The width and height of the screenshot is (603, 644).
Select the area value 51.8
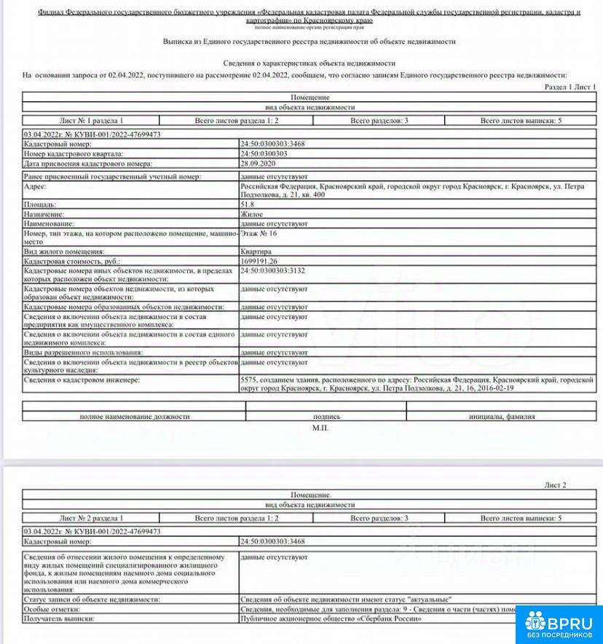tap(248, 205)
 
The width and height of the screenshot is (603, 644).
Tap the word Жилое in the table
tap(251, 214)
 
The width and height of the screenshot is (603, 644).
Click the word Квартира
tap(256, 251)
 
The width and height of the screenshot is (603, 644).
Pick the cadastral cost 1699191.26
tap(259, 260)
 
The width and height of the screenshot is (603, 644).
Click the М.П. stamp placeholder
tap(320, 428)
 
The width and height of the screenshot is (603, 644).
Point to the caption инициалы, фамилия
tap(502, 417)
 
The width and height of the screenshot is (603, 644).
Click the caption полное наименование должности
tap(134, 417)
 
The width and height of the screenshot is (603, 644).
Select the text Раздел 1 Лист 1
tap(570, 87)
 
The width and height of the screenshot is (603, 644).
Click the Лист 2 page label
tap(555, 484)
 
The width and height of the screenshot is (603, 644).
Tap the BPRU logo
tap(560, 625)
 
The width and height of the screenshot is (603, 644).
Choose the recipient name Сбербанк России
tap(389, 618)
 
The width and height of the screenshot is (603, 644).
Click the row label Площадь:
tap(39, 205)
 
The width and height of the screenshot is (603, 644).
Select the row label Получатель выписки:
tap(59, 618)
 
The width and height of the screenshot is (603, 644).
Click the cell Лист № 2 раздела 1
tap(96, 518)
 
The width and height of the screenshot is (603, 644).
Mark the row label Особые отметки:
tap(50, 608)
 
